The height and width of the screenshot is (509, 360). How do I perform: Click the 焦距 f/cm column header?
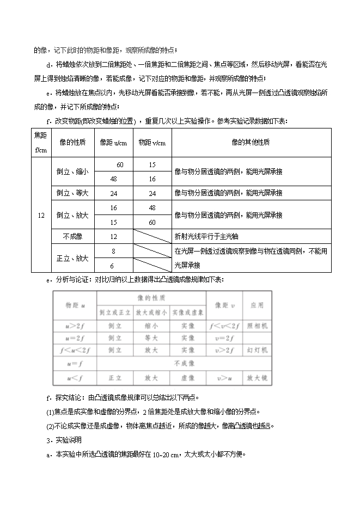click(x=41, y=142)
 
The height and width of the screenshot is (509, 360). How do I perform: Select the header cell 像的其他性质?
click(x=251, y=142)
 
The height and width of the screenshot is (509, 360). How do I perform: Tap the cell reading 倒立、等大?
click(x=72, y=193)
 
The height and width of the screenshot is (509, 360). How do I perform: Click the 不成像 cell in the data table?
click(x=72, y=236)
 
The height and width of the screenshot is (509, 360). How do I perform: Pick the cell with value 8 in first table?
click(x=113, y=251)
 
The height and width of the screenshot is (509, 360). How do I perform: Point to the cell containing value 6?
click(x=113, y=265)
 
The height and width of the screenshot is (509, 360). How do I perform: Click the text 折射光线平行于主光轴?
click(x=206, y=236)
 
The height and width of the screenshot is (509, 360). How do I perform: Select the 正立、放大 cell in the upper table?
click(x=72, y=258)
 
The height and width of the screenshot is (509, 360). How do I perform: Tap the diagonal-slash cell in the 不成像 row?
click(x=152, y=236)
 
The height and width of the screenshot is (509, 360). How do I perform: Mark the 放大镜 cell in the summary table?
click(x=257, y=377)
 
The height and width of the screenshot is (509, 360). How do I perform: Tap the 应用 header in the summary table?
click(x=257, y=305)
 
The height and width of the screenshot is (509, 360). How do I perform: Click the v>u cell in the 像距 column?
click(x=224, y=377)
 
